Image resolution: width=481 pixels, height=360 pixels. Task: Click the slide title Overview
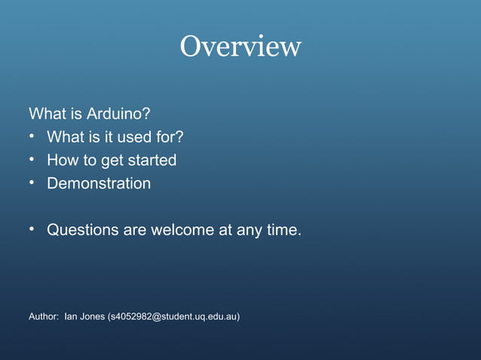click(240, 47)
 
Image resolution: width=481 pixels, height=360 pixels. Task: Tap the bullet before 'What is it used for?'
click(32, 136)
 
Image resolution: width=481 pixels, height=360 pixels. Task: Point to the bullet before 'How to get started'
click(32, 160)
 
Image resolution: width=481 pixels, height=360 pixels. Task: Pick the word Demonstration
click(99, 183)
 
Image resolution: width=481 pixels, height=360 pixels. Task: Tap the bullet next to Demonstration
click(32, 182)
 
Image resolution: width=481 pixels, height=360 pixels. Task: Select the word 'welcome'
click(183, 230)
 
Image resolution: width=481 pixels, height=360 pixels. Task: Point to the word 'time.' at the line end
click(283, 230)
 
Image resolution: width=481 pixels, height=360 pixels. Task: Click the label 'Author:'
click(43, 316)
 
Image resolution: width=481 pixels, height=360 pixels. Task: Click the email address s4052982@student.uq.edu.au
click(173, 316)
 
